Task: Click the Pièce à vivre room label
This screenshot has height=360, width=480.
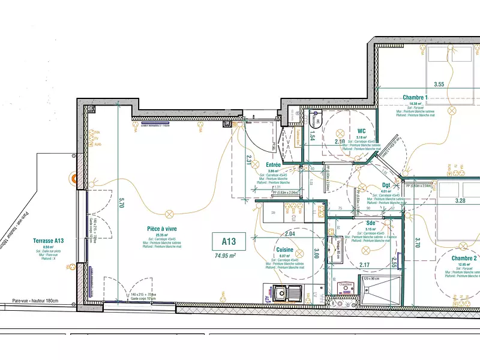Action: [x=162, y=229]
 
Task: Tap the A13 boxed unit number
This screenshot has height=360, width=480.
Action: [x=229, y=242]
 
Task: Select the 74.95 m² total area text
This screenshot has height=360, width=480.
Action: [x=225, y=255]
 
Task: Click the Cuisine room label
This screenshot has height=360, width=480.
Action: [x=285, y=250]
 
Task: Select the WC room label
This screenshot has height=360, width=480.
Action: [x=361, y=130]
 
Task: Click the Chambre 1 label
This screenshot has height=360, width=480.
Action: [x=415, y=98]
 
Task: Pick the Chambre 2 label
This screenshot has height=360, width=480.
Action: [x=465, y=259]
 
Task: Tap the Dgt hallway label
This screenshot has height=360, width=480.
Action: [x=386, y=185]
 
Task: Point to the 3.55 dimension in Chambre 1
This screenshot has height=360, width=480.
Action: [x=439, y=85]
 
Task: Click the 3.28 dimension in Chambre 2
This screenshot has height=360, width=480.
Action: [x=461, y=201]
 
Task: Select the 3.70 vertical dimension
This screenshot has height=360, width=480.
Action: [x=417, y=242]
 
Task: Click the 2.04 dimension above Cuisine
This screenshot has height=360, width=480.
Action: [x=290, y=233]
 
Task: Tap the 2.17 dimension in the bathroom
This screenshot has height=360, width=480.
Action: [x=364, y=265]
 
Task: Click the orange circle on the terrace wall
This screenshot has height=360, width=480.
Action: [x=74, y=178]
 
